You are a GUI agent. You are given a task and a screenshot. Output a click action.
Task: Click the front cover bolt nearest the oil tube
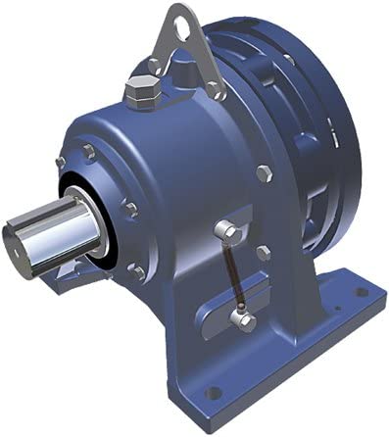pos(128,208)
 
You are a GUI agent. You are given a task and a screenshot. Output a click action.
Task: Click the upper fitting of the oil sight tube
pos(224,231)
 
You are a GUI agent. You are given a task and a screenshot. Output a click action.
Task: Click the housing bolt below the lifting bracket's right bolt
pos(263,174)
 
